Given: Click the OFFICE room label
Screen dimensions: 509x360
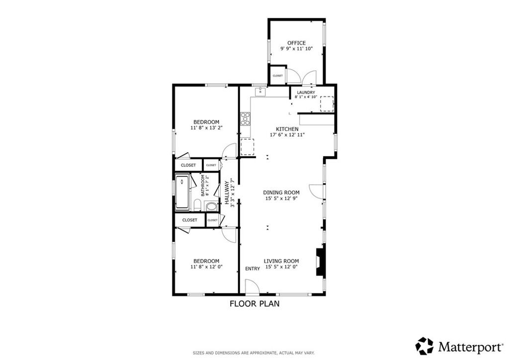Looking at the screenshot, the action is click(296, 43).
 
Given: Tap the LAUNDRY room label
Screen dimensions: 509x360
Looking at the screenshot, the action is click(306, 92).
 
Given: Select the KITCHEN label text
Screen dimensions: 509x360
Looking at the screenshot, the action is click(287, 129).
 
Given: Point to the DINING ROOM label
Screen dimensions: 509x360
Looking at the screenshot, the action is click(281, 192).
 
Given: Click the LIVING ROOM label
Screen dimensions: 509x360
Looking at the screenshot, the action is click(281, 261).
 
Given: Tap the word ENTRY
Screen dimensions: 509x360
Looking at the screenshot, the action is click(253, 269).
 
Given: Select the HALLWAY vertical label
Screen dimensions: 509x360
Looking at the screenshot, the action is click(227, 192).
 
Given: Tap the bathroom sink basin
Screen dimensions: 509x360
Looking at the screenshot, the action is click(212, 206).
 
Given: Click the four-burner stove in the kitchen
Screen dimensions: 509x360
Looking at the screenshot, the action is click(245, 119).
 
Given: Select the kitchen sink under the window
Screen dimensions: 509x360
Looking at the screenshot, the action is click(260, 92).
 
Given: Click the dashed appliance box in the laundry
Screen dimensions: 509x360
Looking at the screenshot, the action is click(327, 104).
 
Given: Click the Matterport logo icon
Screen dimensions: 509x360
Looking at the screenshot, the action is click(424, 346).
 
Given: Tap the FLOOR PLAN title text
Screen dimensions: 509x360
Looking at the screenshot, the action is click(254, 304).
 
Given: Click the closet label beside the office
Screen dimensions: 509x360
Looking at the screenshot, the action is click(277, 76).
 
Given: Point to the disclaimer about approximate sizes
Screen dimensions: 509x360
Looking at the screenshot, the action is click(254, 353).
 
